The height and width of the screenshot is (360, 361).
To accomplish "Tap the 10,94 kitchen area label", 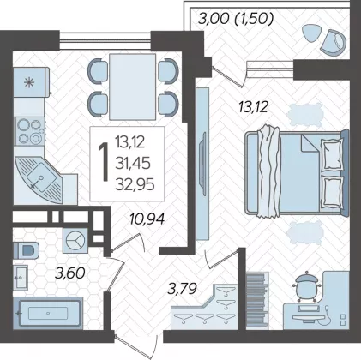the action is (147, 219).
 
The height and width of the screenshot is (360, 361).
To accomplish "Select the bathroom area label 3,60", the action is (70, 273).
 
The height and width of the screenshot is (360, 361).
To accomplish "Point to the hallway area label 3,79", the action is (183, 289).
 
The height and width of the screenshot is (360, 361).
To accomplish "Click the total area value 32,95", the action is (135, 184).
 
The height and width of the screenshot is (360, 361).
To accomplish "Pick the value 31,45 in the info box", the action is (133, 164).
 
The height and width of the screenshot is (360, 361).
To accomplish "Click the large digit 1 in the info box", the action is (104, 162).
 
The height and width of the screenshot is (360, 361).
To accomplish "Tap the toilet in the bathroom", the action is (27, 250).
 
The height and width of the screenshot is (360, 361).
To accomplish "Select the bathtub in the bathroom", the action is (48, 312).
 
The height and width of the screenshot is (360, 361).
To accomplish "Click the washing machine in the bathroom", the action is (75, 240).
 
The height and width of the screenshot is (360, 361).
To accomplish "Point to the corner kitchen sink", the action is (40, 179).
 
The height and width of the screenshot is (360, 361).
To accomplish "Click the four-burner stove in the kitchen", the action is (30, 132).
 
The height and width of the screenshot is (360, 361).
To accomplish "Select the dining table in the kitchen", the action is (132, 87).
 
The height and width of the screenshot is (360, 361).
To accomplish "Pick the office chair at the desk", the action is (306, 286).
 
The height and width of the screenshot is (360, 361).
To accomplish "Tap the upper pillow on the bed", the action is (332, 155).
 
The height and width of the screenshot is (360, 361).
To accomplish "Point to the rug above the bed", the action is (305, 115).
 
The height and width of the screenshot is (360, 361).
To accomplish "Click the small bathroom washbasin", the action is (21, 278).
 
